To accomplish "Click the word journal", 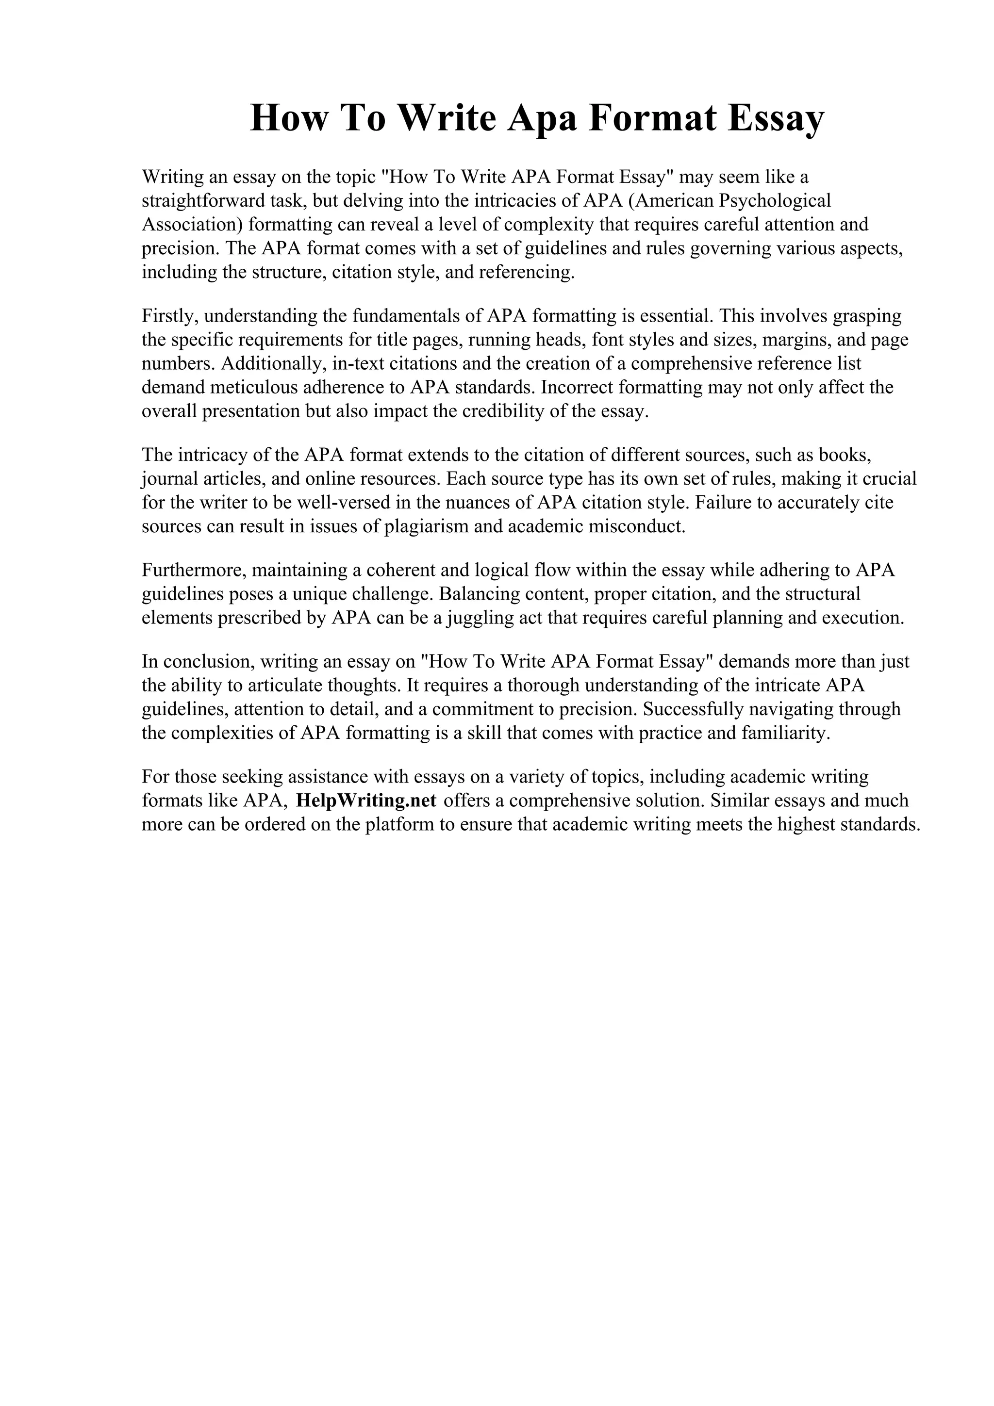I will [171, 479].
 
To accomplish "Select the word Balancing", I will [480, 594].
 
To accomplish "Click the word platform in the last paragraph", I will [399, 825].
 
